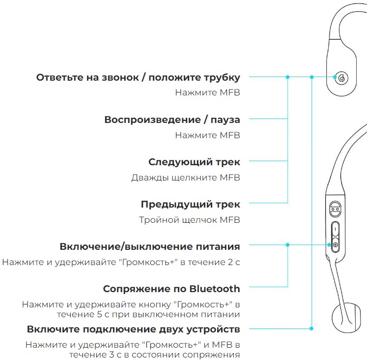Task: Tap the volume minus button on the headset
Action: (x=335, y=229)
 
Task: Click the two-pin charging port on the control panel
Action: (x=335, y=210)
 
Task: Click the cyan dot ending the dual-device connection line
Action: (x=311, y=329)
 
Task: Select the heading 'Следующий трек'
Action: (x=194, y=162)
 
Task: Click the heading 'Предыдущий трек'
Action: (x=190, y=204)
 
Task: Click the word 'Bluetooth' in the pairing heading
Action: (x=215, y=289)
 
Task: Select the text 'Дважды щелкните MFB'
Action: (x=185, y=178)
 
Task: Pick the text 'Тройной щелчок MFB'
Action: (x=189, y=220)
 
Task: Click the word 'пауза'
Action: (x=225, y=120)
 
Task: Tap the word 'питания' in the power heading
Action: (x=219, y=246)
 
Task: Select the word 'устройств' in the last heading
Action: (x=214, y=329)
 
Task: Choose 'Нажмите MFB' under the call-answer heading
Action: (x=207, y=92)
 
